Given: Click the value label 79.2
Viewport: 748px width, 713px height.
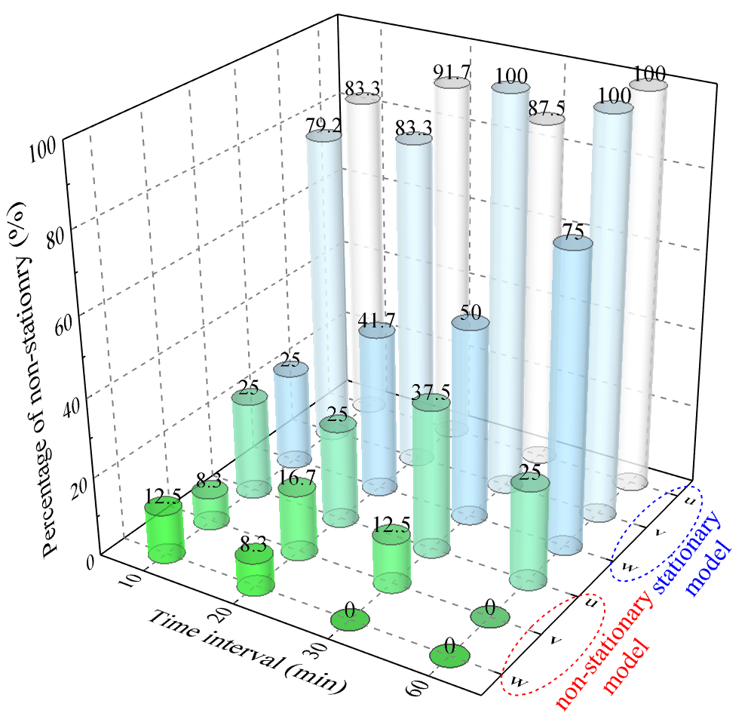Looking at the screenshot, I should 324,124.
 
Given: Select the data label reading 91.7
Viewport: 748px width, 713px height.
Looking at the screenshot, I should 452,72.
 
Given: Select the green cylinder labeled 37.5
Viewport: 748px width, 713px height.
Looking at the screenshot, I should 431,475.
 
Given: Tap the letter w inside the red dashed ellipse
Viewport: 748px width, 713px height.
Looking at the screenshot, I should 517,682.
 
